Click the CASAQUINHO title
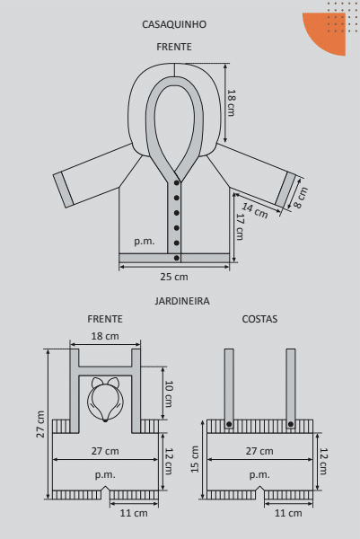(x=174, y=24)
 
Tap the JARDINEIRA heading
(x=182, y=301)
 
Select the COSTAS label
(x=259, y=319)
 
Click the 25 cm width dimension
(x=174, y=277)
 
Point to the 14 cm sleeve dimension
(x=255, y=210)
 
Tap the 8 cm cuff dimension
(x=301, y=198)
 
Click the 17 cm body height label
(x=240, y=227)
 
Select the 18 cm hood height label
(x=232, y=102)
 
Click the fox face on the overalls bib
(x=105, y=400)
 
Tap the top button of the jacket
(x=177, y=183)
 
